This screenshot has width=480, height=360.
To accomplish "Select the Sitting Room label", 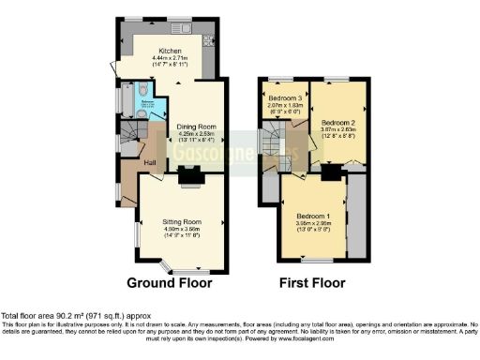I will (178, 221).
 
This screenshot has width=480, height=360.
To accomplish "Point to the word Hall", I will (149, 163).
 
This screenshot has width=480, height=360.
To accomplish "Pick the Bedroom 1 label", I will (315, 215).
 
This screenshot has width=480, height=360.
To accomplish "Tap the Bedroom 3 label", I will (286, 98).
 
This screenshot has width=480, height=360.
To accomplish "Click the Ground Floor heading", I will (170, 282).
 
